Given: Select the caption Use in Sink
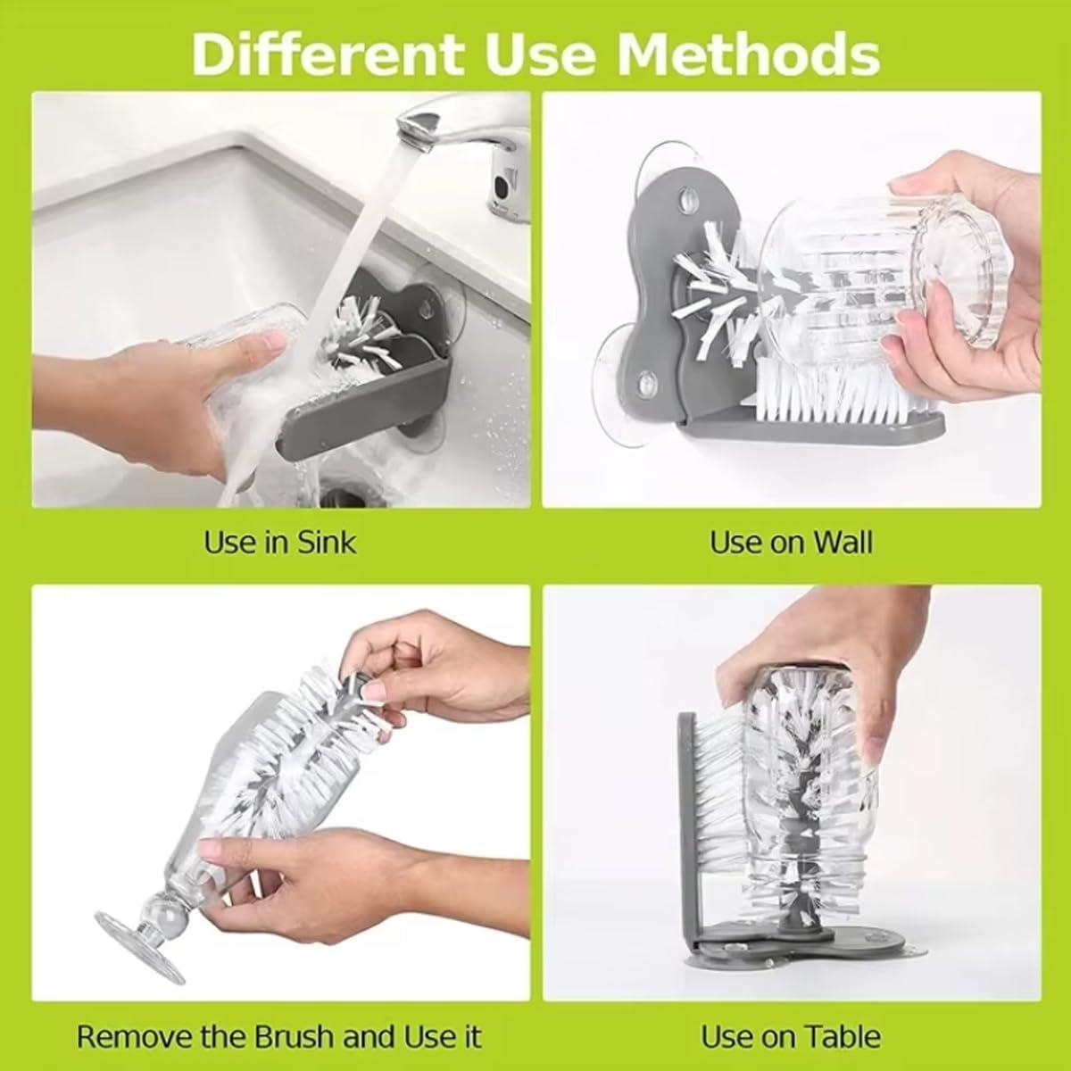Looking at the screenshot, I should pos(280,542).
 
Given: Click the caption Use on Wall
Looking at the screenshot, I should pos(791,542).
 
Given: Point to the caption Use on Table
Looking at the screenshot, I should pos(791,1036).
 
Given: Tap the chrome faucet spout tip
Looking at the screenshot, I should pos(412,134).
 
